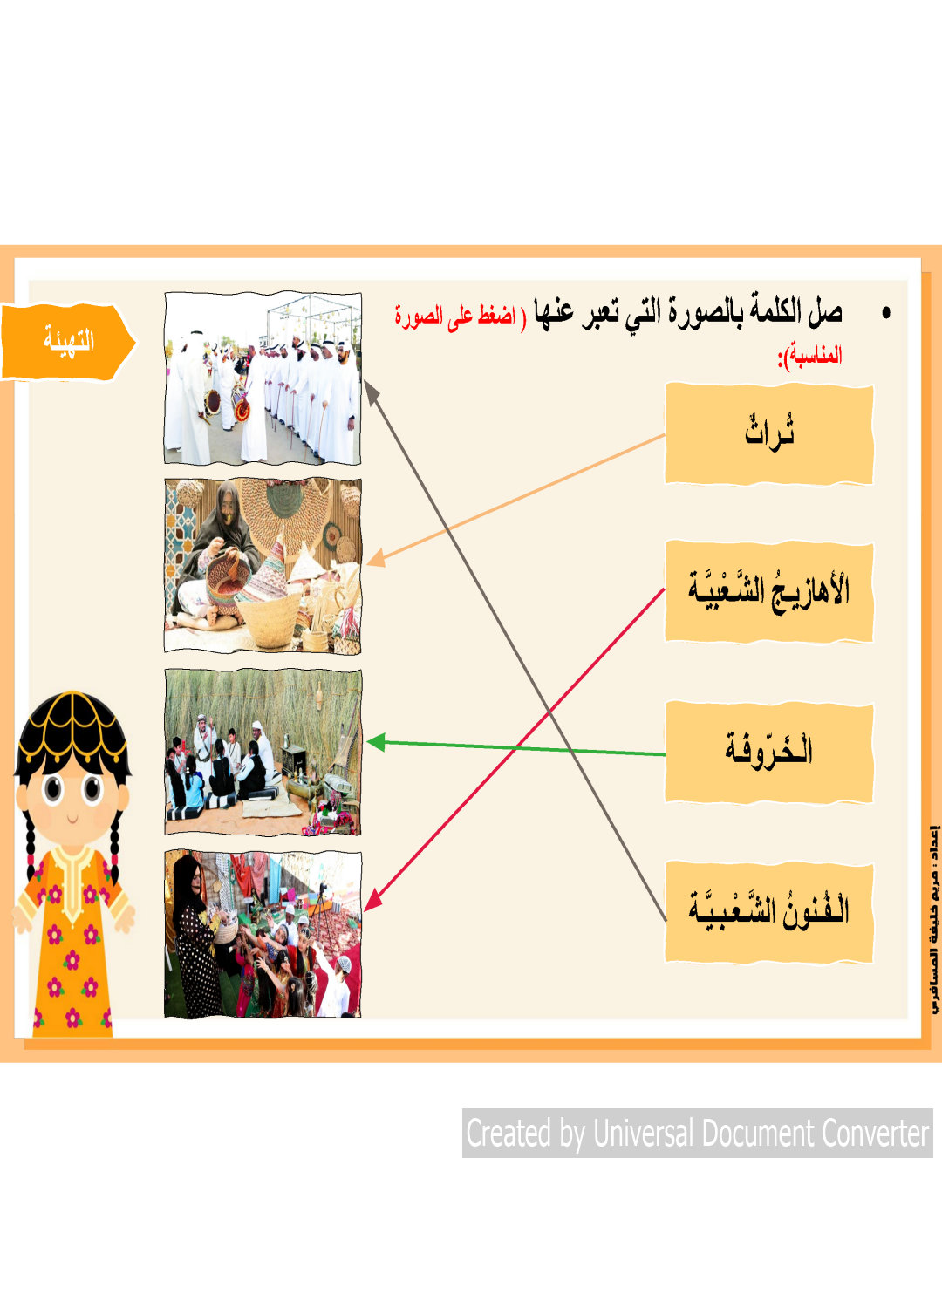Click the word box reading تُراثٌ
pos(769,434)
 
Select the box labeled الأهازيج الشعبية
pos(769,591)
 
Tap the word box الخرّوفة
pos(769,753)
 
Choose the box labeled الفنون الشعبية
pos(769,912)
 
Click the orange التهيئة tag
pos(68,342)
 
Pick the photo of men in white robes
pos(263,378)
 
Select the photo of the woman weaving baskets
pos(263,565)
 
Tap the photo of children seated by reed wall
pos(263,752)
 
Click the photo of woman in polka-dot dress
pos(263,934)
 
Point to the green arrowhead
pos(376,743)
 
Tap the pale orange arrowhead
pos(375,559)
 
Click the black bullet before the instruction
pos(886,314)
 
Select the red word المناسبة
pos(814,355)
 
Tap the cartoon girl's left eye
pos(92,788)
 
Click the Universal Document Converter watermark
pos(697,1134)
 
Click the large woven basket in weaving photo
pos(270,621)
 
